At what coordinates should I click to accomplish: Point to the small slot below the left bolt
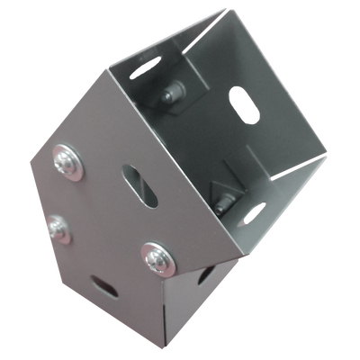click(103, 287)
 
